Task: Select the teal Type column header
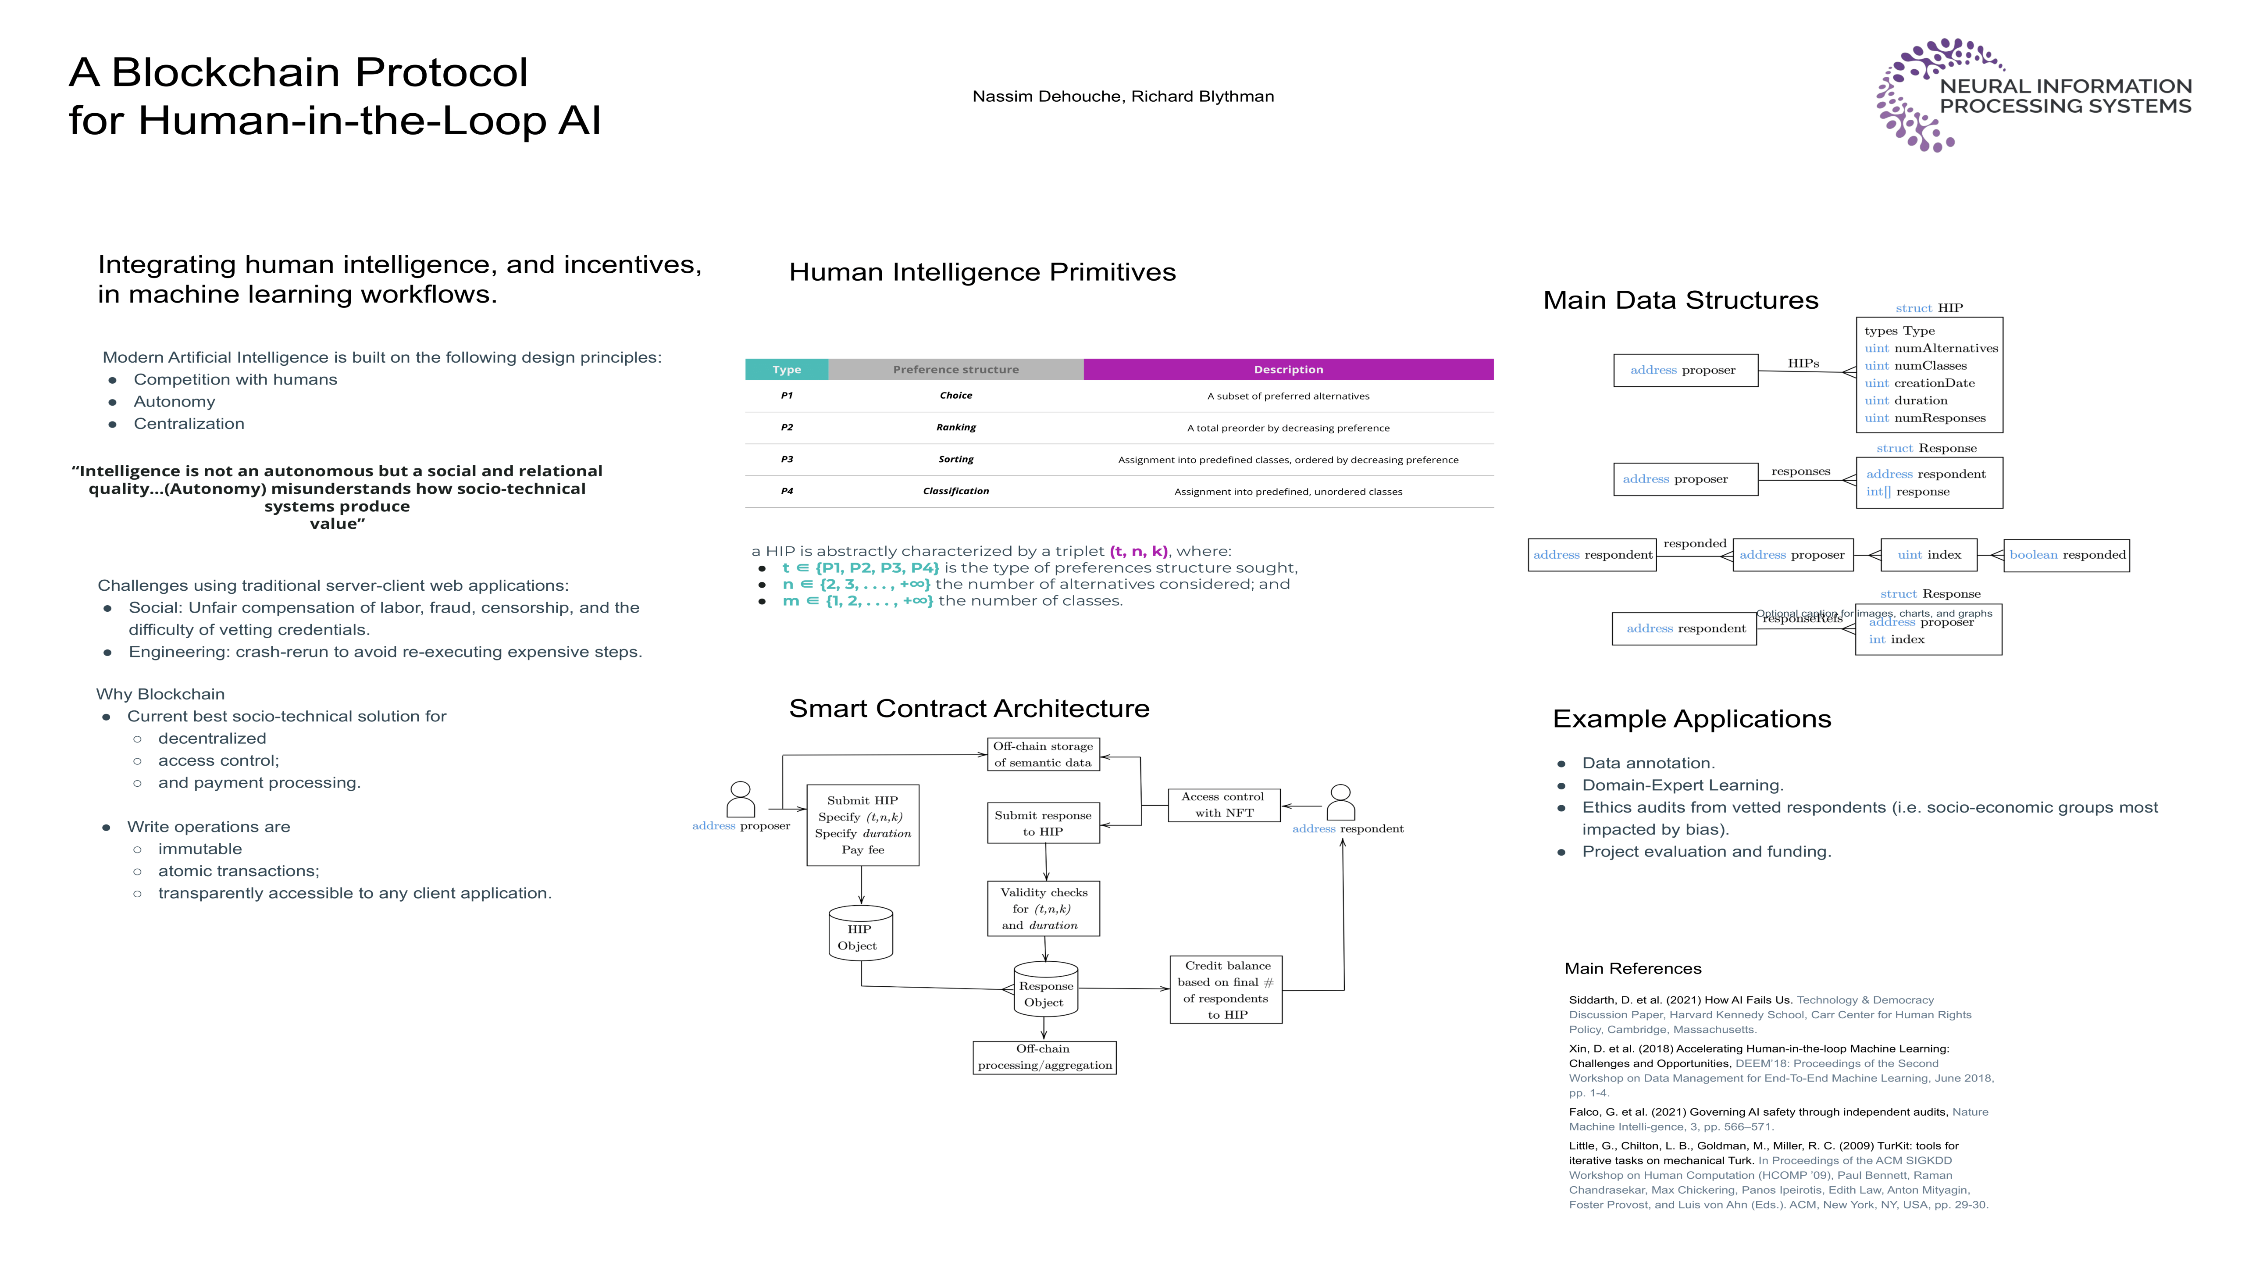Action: [x=786, y=370]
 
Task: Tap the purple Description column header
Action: [x=1288, y=370]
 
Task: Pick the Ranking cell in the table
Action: [x=956, y=427]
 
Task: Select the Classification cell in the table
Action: [x=956, y=491]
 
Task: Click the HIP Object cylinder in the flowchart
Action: [x=859, y=935]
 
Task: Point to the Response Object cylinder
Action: [x=1046, y=990]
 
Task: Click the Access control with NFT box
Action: [x=1224, y=805]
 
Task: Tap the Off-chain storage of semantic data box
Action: [x=1043, y=754]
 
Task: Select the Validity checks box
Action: [x=1043, y=908]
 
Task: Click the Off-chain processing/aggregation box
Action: [x=1044, y=1057]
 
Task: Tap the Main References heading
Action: [x=1632, y=968]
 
